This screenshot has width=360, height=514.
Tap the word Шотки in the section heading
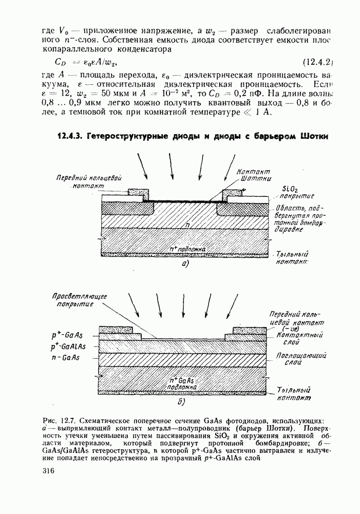click(311, 137)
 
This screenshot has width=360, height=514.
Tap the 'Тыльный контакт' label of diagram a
click(292, 258)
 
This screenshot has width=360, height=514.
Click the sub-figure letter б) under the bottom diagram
click(181, 400)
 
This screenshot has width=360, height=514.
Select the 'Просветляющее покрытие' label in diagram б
click(73, 300)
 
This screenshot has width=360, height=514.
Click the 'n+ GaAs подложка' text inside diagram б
click(183, 383)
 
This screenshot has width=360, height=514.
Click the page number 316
click(48, 474)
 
